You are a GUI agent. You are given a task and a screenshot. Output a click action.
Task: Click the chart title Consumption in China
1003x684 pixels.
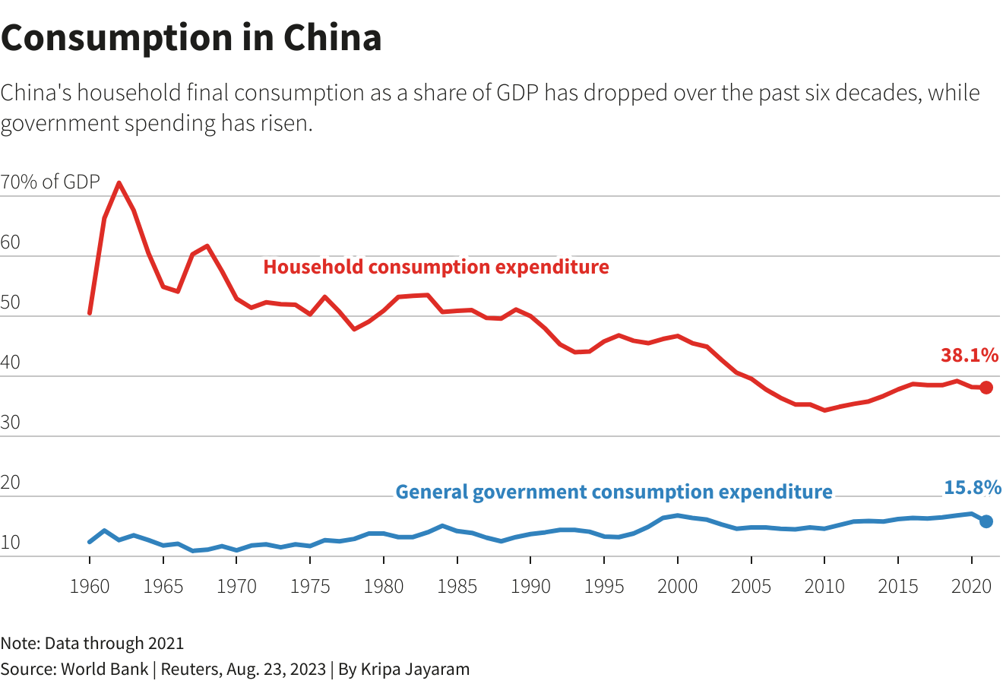pos(191,38)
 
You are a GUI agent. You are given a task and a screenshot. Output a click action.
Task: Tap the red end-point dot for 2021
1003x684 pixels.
pos(986,388)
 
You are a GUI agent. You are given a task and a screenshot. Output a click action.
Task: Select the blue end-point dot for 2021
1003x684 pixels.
pos(986,521)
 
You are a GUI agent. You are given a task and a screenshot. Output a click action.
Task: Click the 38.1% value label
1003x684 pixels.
pos(969,355)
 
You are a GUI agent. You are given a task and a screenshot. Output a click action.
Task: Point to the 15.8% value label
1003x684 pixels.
pos(972,488)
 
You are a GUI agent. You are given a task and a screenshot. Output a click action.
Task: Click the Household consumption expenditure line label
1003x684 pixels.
pos(436,268)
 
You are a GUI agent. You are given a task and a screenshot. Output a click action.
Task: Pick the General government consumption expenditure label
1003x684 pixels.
pos(614,492)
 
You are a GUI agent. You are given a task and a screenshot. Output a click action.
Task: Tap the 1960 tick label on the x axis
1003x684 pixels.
pos(90,586)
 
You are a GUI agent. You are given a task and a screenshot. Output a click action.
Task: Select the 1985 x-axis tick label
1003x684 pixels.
pos(457,586)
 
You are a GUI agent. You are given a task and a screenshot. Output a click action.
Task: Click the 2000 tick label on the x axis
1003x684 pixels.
pos(677,586)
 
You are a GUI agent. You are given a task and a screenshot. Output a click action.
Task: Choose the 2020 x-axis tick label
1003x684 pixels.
pos(972,586)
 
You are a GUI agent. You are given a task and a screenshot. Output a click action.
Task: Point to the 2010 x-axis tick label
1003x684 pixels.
pos(824,586)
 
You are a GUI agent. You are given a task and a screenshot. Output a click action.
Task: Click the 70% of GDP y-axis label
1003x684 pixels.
pos(50,182)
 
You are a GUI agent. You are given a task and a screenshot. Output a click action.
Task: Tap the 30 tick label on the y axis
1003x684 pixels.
pos(11,423)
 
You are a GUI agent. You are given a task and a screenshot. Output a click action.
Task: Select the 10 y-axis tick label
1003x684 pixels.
pos(11,543)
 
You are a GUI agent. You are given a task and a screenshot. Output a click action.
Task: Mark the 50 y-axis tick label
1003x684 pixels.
pos(11,302)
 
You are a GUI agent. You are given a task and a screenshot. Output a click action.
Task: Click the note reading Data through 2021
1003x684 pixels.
pos(92,644)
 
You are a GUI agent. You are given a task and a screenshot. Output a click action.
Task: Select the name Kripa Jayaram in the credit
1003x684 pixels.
pos(415,670)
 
